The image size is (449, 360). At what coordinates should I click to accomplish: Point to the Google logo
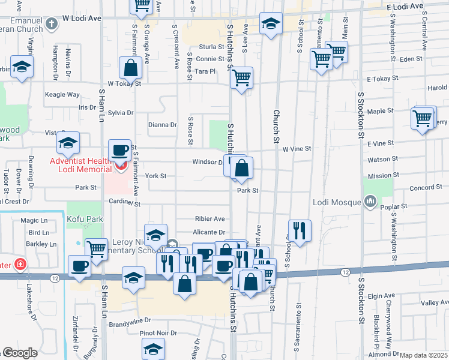19,353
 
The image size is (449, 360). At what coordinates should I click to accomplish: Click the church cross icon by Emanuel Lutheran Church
52,24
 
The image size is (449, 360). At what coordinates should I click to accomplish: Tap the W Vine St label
297,148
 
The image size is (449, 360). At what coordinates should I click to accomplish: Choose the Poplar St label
394,207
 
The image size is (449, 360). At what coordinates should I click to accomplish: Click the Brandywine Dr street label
130,324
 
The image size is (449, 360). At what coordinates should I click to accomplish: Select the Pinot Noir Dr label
158,333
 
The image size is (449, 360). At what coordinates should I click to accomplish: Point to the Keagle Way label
62,95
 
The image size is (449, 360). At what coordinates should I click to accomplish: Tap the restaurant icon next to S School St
298,229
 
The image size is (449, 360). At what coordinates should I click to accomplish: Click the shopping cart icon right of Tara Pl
241,77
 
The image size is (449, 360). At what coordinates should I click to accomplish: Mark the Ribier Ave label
209,219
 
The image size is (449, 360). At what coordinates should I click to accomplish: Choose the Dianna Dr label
162,125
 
